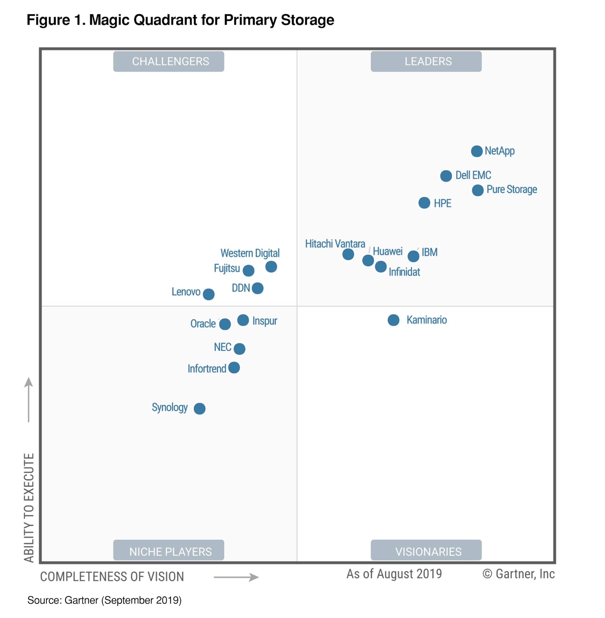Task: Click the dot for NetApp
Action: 477,151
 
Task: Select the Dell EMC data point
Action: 446,176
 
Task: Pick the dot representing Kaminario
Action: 393,320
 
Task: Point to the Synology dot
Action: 199,408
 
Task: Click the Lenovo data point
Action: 208,294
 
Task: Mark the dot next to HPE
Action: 424,203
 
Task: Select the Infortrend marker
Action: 234,367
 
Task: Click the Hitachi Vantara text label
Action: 335,243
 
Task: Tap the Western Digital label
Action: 250,253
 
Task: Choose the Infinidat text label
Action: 404,272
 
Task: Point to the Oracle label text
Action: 203,324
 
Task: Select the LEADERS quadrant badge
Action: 426,61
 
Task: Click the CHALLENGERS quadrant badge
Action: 169,61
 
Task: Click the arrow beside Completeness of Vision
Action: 236,577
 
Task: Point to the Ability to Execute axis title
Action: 29,507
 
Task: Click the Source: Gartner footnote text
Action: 104,600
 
